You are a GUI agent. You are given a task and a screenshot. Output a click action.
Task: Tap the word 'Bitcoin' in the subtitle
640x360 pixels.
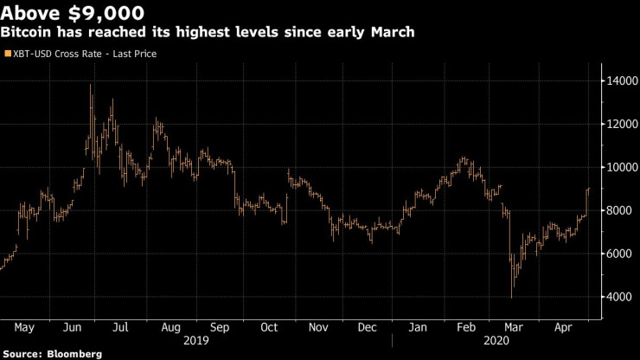pos(26,33)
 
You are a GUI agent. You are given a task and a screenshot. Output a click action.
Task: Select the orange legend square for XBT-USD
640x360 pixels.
pos(7,54)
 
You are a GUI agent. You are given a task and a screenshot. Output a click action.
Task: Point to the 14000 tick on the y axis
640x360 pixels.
pos(618,81)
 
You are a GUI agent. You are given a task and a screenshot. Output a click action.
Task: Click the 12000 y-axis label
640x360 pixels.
pos(618,125)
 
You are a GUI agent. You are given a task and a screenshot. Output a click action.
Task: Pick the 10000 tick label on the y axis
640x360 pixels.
pos(618,168)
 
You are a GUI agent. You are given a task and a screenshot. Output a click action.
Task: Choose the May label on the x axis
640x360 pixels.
pos(24,328)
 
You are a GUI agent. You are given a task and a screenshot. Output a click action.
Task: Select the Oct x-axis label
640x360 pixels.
pos(269,328)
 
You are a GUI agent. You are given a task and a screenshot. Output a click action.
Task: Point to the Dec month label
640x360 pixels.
pos(368,328)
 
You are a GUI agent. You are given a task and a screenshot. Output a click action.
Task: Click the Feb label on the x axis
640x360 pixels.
pos(466,328)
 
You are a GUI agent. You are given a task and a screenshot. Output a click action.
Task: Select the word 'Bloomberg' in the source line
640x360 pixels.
pos(74,354)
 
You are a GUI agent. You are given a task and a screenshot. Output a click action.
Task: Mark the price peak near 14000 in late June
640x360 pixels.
pos(91,85)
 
